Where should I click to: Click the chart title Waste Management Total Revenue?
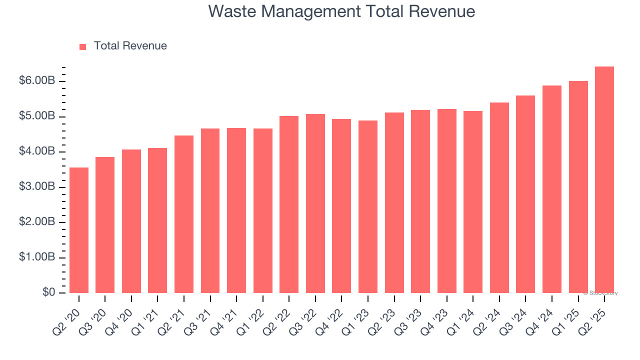341,11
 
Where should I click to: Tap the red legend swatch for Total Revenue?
83,46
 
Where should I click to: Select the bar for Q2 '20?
79,230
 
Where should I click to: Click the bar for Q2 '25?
604,180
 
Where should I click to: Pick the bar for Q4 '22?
341,206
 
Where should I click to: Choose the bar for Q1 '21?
157,220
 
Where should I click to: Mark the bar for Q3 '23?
420,201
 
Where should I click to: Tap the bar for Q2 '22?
289,204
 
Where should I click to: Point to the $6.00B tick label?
36,81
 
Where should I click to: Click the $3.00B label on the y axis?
36,187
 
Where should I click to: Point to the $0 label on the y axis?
48,292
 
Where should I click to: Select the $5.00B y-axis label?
36,116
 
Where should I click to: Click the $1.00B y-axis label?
36,257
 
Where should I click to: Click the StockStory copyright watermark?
600,293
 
